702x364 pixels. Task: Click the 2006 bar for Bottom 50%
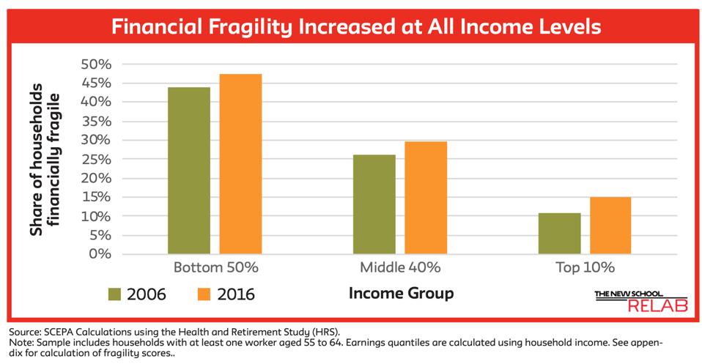pyautogui.click(x=189, y=171)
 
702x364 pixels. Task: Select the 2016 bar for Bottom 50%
pyautogui.click(x=240, y=164)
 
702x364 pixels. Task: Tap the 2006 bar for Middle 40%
pyautogui.click(x=374, y=204)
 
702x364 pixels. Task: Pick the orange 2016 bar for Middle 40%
pyautogui.click(x=426, y=198)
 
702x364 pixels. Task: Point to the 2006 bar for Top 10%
pyautogui.click(x=559, y=234)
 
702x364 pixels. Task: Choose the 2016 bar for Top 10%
pyautogui.click(x=610, y=226)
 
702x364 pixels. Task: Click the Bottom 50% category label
pyautogui.click(x=215, y=267)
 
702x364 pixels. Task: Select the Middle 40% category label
pyautogui.click(x=400, y=267)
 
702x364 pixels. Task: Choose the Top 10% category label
pyautogui.click(x=584, y=267)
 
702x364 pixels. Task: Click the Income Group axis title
pyautogui.click(x=401, y=294)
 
